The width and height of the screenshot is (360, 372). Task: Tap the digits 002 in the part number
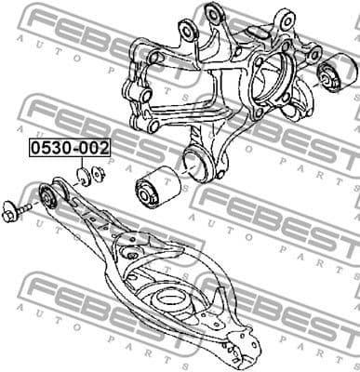pyautogui.click(x=93, y=148)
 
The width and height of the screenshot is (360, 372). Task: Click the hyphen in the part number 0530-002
pyautogui.click(x=75, y=148)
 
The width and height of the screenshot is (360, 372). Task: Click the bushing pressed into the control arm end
pyautogui.click(x=48, y=198)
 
